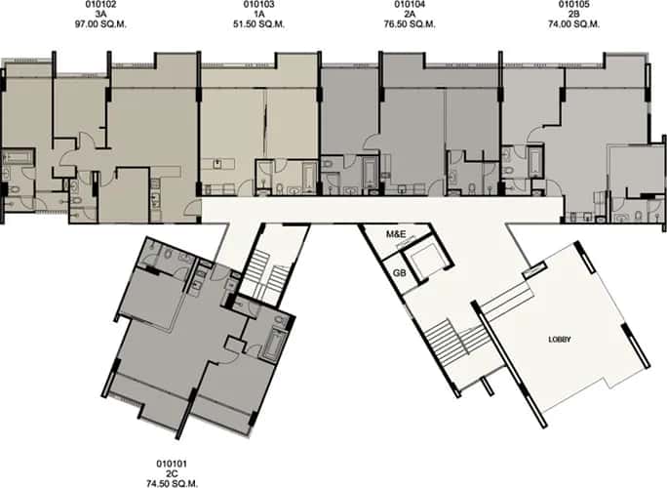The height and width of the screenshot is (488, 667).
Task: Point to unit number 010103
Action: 258,5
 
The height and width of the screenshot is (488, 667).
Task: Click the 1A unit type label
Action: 258,16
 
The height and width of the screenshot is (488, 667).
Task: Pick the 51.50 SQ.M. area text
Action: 258,26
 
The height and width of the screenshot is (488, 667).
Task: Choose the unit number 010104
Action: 410,5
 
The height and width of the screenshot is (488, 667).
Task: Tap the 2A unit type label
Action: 410,16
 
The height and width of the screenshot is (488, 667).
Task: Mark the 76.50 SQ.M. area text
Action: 410,26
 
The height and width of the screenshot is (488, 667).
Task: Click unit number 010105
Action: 573,5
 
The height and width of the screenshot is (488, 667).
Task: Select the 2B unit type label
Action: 573,16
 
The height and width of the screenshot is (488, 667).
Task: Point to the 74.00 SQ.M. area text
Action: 573,26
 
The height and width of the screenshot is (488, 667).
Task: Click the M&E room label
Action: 396,235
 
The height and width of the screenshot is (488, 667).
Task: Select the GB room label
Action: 399,271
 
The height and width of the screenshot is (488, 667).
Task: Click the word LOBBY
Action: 559,340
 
